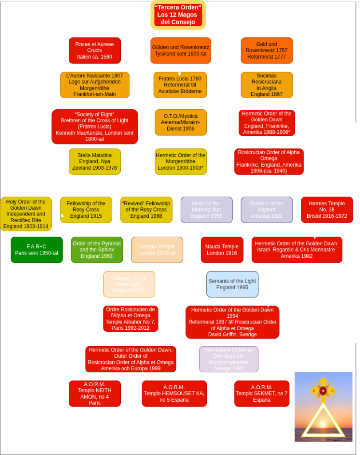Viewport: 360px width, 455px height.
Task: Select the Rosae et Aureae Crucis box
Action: coord(95,50)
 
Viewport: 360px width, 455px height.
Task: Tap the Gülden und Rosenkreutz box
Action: coord(181,50)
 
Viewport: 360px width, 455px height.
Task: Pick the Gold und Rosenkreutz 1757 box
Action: coord(266,50)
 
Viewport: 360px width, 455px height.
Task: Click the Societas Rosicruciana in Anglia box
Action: coord(266,85)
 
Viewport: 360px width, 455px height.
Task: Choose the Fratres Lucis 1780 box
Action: coord(180,85)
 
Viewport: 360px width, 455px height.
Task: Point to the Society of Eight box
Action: coord(95,127)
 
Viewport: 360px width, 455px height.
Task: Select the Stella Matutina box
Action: coord(95,162)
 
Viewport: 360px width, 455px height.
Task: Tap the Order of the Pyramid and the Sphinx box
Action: coord(96,250)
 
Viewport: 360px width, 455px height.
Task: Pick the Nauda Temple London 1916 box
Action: coord(222,250)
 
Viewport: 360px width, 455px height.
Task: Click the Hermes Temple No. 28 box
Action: coord(327,210)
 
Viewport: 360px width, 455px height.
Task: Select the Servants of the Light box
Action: coord(232,284)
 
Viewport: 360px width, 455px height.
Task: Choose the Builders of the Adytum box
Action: coord(266,210)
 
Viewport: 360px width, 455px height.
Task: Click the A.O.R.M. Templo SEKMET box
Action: coord(261,393)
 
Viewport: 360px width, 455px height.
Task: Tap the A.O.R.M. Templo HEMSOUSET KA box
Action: coord(174,393)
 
